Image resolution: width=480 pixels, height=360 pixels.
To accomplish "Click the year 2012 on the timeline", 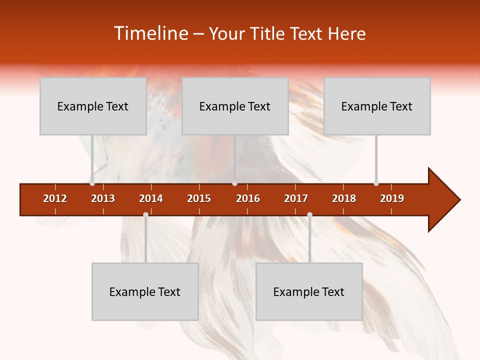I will (55, 198).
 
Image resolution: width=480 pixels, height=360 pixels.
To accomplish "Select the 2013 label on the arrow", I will (103, 198).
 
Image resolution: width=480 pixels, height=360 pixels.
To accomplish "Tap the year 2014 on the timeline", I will (151, 198).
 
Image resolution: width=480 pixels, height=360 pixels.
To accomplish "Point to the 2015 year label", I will (199, 198).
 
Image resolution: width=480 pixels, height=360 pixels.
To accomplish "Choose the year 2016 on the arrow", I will (248, 198).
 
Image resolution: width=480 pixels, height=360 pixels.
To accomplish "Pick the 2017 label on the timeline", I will (296, 198).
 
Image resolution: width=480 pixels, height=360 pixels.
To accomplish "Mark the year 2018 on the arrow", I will (344, 198).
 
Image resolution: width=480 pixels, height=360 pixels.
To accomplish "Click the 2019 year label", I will (392, 198).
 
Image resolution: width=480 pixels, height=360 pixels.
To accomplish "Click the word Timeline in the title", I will (149, 33).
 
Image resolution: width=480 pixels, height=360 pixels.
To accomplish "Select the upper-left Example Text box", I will (93, 106).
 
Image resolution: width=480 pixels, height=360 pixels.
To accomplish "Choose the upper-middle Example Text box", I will (235, 106).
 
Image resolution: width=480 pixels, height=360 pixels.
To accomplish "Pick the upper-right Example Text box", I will (377, 106).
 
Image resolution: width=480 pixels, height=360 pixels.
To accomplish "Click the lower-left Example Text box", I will (145, 291).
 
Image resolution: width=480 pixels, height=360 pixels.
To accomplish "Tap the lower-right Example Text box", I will (309, 291).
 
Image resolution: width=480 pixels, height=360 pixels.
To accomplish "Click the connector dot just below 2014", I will (145, 214).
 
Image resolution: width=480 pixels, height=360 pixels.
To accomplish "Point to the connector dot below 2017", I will (309, 214).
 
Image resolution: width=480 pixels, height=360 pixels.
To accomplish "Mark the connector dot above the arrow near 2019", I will (376, 183).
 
